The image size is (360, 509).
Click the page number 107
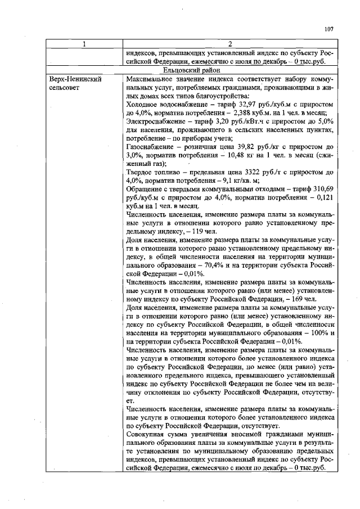pyautogui.click(x=329, y=29)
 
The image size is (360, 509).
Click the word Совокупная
pyautogui.click(x=149, y=435)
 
